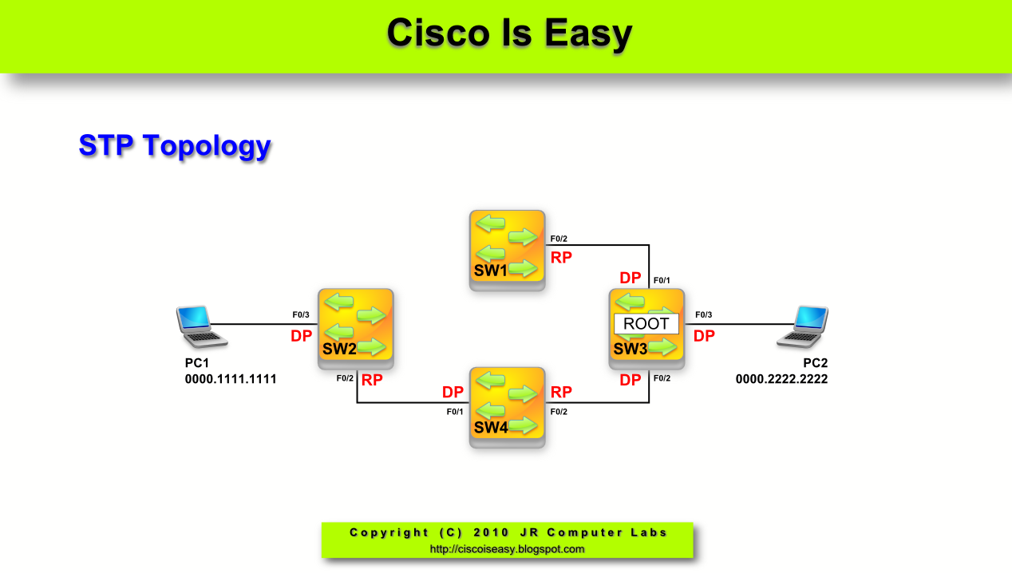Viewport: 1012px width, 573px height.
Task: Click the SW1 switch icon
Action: point(507,247)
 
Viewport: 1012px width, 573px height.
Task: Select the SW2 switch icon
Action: point(355,326)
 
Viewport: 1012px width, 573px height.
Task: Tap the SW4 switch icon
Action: point(507,405)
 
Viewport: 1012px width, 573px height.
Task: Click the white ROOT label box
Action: point(646,324)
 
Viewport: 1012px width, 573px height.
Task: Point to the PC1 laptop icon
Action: point(200,327)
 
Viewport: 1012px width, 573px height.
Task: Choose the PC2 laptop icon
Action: point(803,327)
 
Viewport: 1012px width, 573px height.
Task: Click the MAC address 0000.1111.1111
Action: point(231,379)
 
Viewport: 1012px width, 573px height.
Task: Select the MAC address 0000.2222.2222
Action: point(781,379)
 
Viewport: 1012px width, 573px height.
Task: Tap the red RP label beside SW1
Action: point(562,257)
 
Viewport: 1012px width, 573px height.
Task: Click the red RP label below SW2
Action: point(372,380)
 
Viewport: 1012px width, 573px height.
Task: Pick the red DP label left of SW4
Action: point(453,392)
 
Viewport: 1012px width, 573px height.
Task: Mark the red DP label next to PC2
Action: point(704,336)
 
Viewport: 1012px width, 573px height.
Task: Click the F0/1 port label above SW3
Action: point(662,281)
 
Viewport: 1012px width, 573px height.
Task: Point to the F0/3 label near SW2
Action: point(301,315)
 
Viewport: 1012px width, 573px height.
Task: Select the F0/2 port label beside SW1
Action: point(559,239)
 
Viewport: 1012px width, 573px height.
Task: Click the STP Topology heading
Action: point(175,146)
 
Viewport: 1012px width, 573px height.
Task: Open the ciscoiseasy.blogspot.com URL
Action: point(507,549)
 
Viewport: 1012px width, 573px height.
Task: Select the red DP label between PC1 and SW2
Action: point(301,336)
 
